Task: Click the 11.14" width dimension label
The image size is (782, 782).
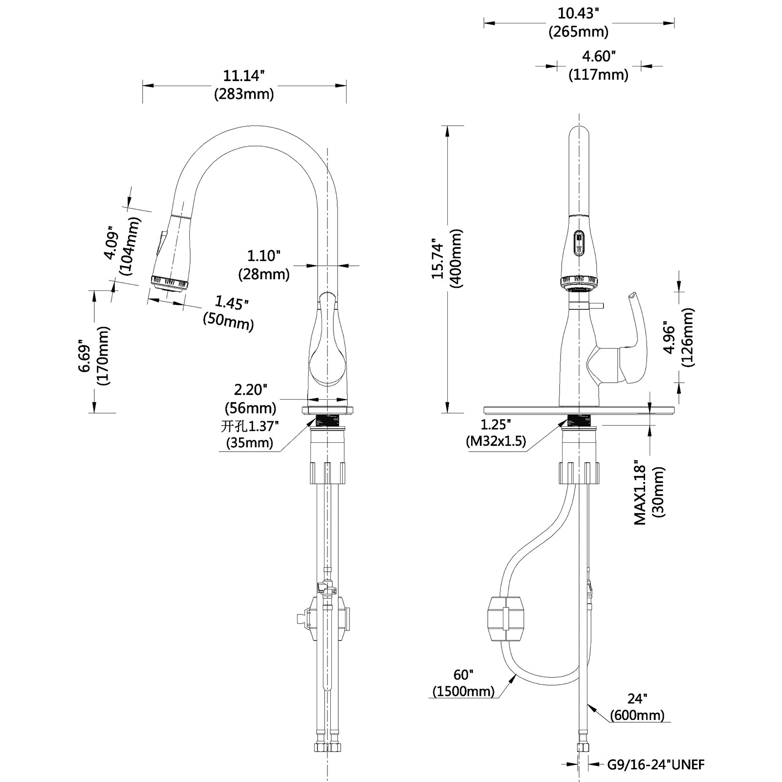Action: [243, 76]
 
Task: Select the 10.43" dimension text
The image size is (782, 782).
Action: [578, 13]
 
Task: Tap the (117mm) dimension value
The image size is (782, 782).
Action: [598, 75]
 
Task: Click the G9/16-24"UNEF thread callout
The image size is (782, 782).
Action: [656, 764]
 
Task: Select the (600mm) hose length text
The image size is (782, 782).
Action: [637, 715]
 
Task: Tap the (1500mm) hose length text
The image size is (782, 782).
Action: [463, 691]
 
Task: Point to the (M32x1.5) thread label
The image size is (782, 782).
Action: [496, 441]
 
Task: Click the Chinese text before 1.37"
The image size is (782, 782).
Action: [232, 426]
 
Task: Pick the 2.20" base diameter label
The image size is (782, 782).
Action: [250, 390]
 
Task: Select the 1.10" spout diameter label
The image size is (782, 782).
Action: [263, 256]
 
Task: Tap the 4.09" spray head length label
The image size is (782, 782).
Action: [111, 243]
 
